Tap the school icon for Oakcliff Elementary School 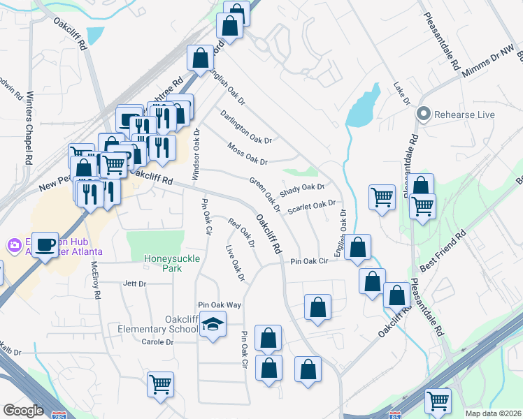(x=213, y=325)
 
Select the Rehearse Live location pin (x=423, y=114)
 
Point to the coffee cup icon (x=45, y=244)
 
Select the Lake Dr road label (x=401, y=92)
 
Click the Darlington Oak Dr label (x=245, y=126)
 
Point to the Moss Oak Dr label (x=248, y=154)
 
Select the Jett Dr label (x=134, y=284)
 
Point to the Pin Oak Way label (x=219, y=305)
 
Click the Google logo (x=22, y=411)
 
